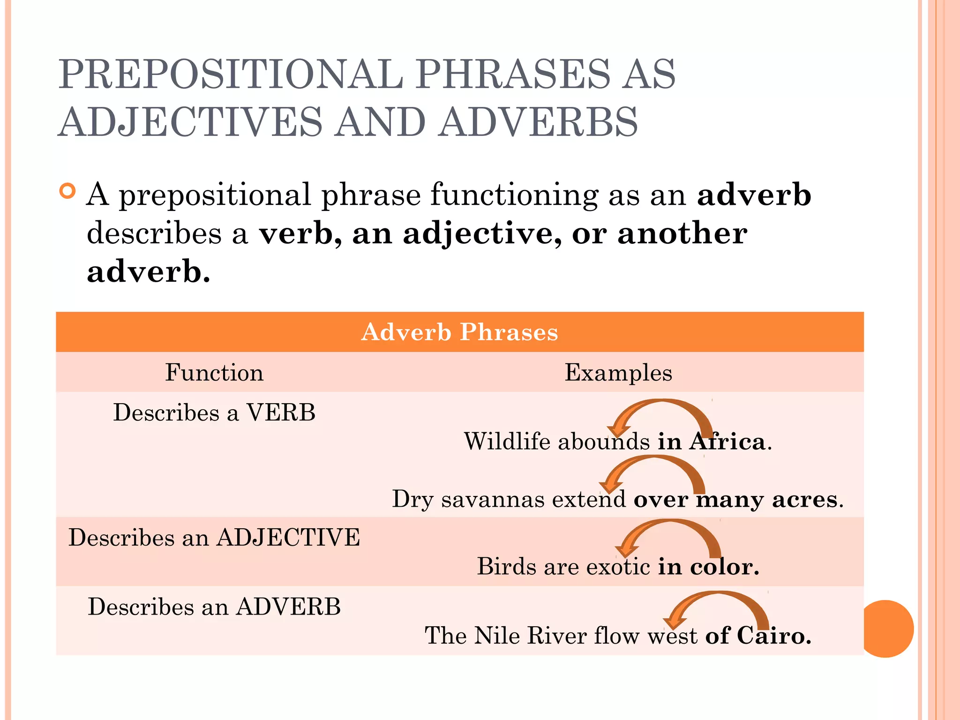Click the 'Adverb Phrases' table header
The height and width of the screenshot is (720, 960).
459,332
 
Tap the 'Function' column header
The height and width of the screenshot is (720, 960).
214,373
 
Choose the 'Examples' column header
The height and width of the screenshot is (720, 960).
618,373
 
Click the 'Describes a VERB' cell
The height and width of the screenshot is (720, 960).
214,412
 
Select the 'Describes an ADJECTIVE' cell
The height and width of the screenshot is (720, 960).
214,537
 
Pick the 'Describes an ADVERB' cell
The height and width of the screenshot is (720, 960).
214,607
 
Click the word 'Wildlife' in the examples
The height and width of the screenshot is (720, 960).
507,441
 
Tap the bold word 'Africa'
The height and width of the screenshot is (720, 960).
727,442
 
